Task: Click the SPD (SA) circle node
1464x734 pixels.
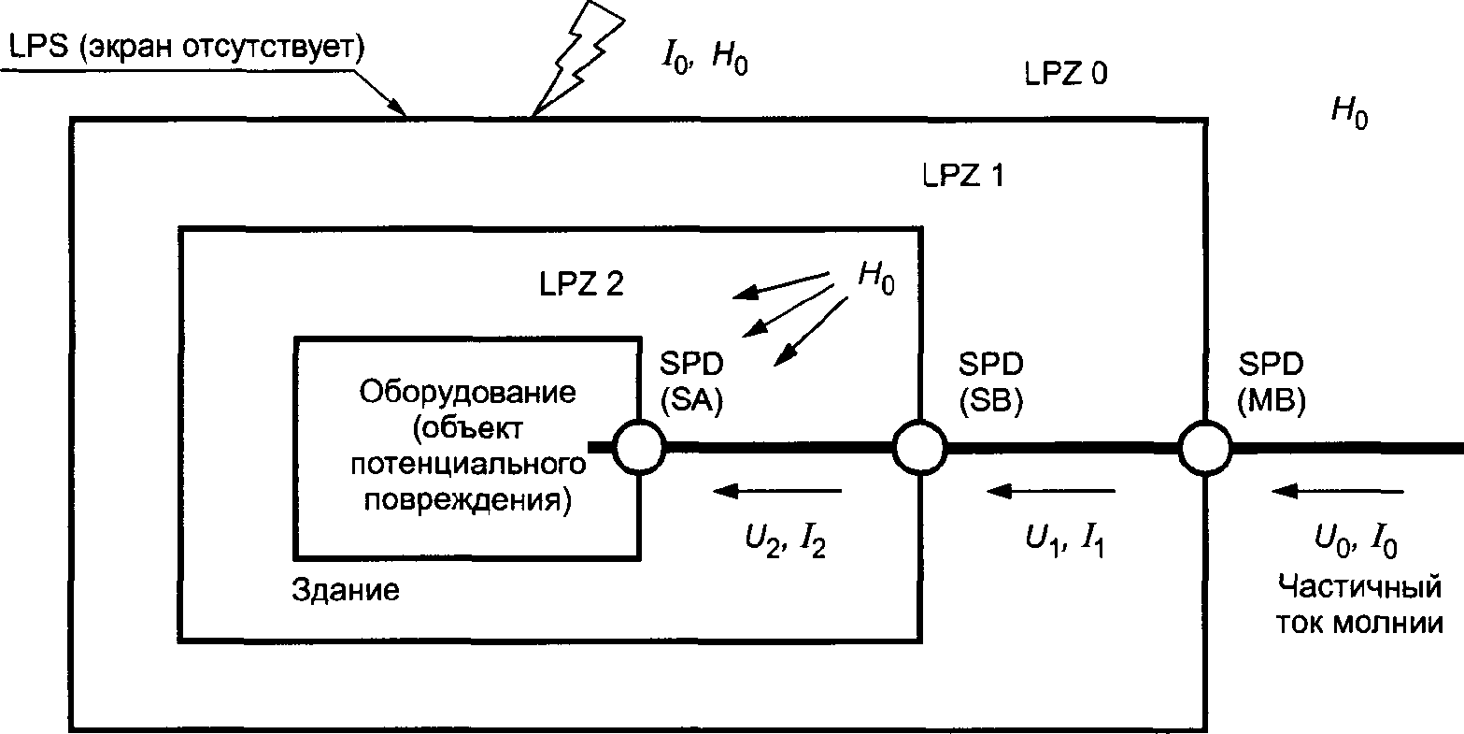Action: click(x=639, y=448)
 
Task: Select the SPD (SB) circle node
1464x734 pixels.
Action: click(x=920, y=448)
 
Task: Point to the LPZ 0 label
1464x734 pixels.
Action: click(x=1065, y=74)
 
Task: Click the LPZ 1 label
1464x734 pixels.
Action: click(x=959, y=175)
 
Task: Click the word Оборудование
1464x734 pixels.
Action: click(x=467, y=390)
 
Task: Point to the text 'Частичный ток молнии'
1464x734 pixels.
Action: click(x=1358, y=606)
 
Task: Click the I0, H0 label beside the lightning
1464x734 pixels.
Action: click(x=703, y=59)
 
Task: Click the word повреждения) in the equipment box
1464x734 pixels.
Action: click(x=467, y=497)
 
